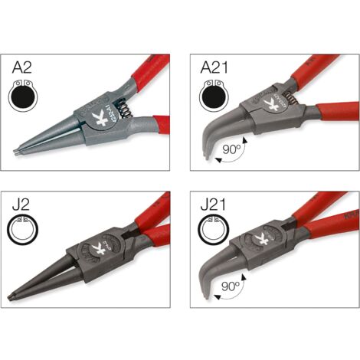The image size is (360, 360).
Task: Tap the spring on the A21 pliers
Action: click(292, 97)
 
